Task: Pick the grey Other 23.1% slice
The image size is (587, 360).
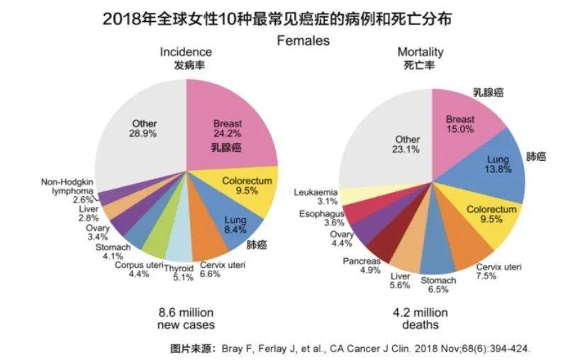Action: pos(397,135)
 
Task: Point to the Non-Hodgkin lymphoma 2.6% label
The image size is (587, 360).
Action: pos(67,191)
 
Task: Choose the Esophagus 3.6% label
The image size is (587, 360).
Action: pos(321,218)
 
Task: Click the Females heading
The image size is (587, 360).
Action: pos(303,40)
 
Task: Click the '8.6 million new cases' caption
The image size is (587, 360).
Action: pos(186,318)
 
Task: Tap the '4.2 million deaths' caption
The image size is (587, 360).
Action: pos(420,318)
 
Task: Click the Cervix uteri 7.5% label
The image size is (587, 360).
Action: pos(498,271)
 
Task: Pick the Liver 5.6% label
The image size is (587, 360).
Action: pos(401,281)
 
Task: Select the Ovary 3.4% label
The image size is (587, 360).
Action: pos(98,232)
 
